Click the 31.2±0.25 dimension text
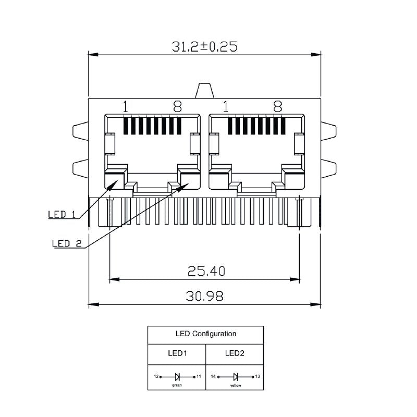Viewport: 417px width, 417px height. (x=204, y=46)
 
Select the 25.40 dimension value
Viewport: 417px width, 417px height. (x=206, y=271)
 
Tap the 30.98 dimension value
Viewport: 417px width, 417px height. (x=204, y=296)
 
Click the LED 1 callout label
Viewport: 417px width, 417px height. (x=62, y=214)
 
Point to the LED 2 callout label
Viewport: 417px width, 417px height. (x=67, y=243)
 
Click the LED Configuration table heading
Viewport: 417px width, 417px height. (x=206, y=334)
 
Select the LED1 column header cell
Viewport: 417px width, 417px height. (x=177, y=353)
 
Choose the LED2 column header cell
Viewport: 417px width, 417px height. (x=235, y=353)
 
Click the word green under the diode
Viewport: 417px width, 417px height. (x=177, y=385)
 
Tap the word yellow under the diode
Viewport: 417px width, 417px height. (x=236, y=385)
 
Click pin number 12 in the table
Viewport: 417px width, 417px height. (x=156, y=376)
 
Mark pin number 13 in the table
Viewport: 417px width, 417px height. (x=257, y=376)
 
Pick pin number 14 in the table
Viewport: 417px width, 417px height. (x=213, y=376)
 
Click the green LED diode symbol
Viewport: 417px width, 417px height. (x=177, y=377)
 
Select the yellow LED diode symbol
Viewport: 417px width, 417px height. (x=236, y=377)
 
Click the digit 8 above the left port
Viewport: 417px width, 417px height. (x=177, y=106)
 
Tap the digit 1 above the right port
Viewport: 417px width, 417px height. (x=226, y=106)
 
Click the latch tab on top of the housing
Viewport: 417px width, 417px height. (x=204, y=91)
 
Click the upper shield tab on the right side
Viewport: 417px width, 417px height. (x=329, y=131)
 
